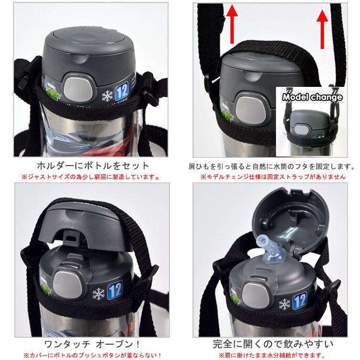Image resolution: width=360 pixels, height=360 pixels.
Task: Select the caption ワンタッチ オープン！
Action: (93, 343)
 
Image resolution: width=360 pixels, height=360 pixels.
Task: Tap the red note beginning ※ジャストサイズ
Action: (94, 177)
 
